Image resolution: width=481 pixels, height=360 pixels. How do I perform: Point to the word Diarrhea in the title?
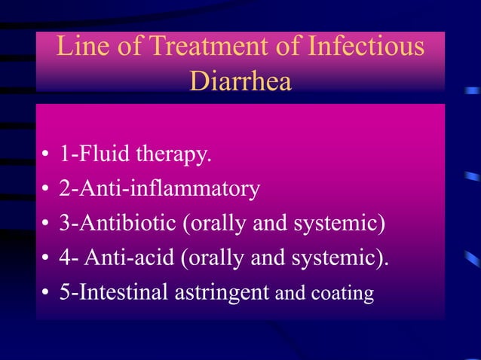click(240, 81)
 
